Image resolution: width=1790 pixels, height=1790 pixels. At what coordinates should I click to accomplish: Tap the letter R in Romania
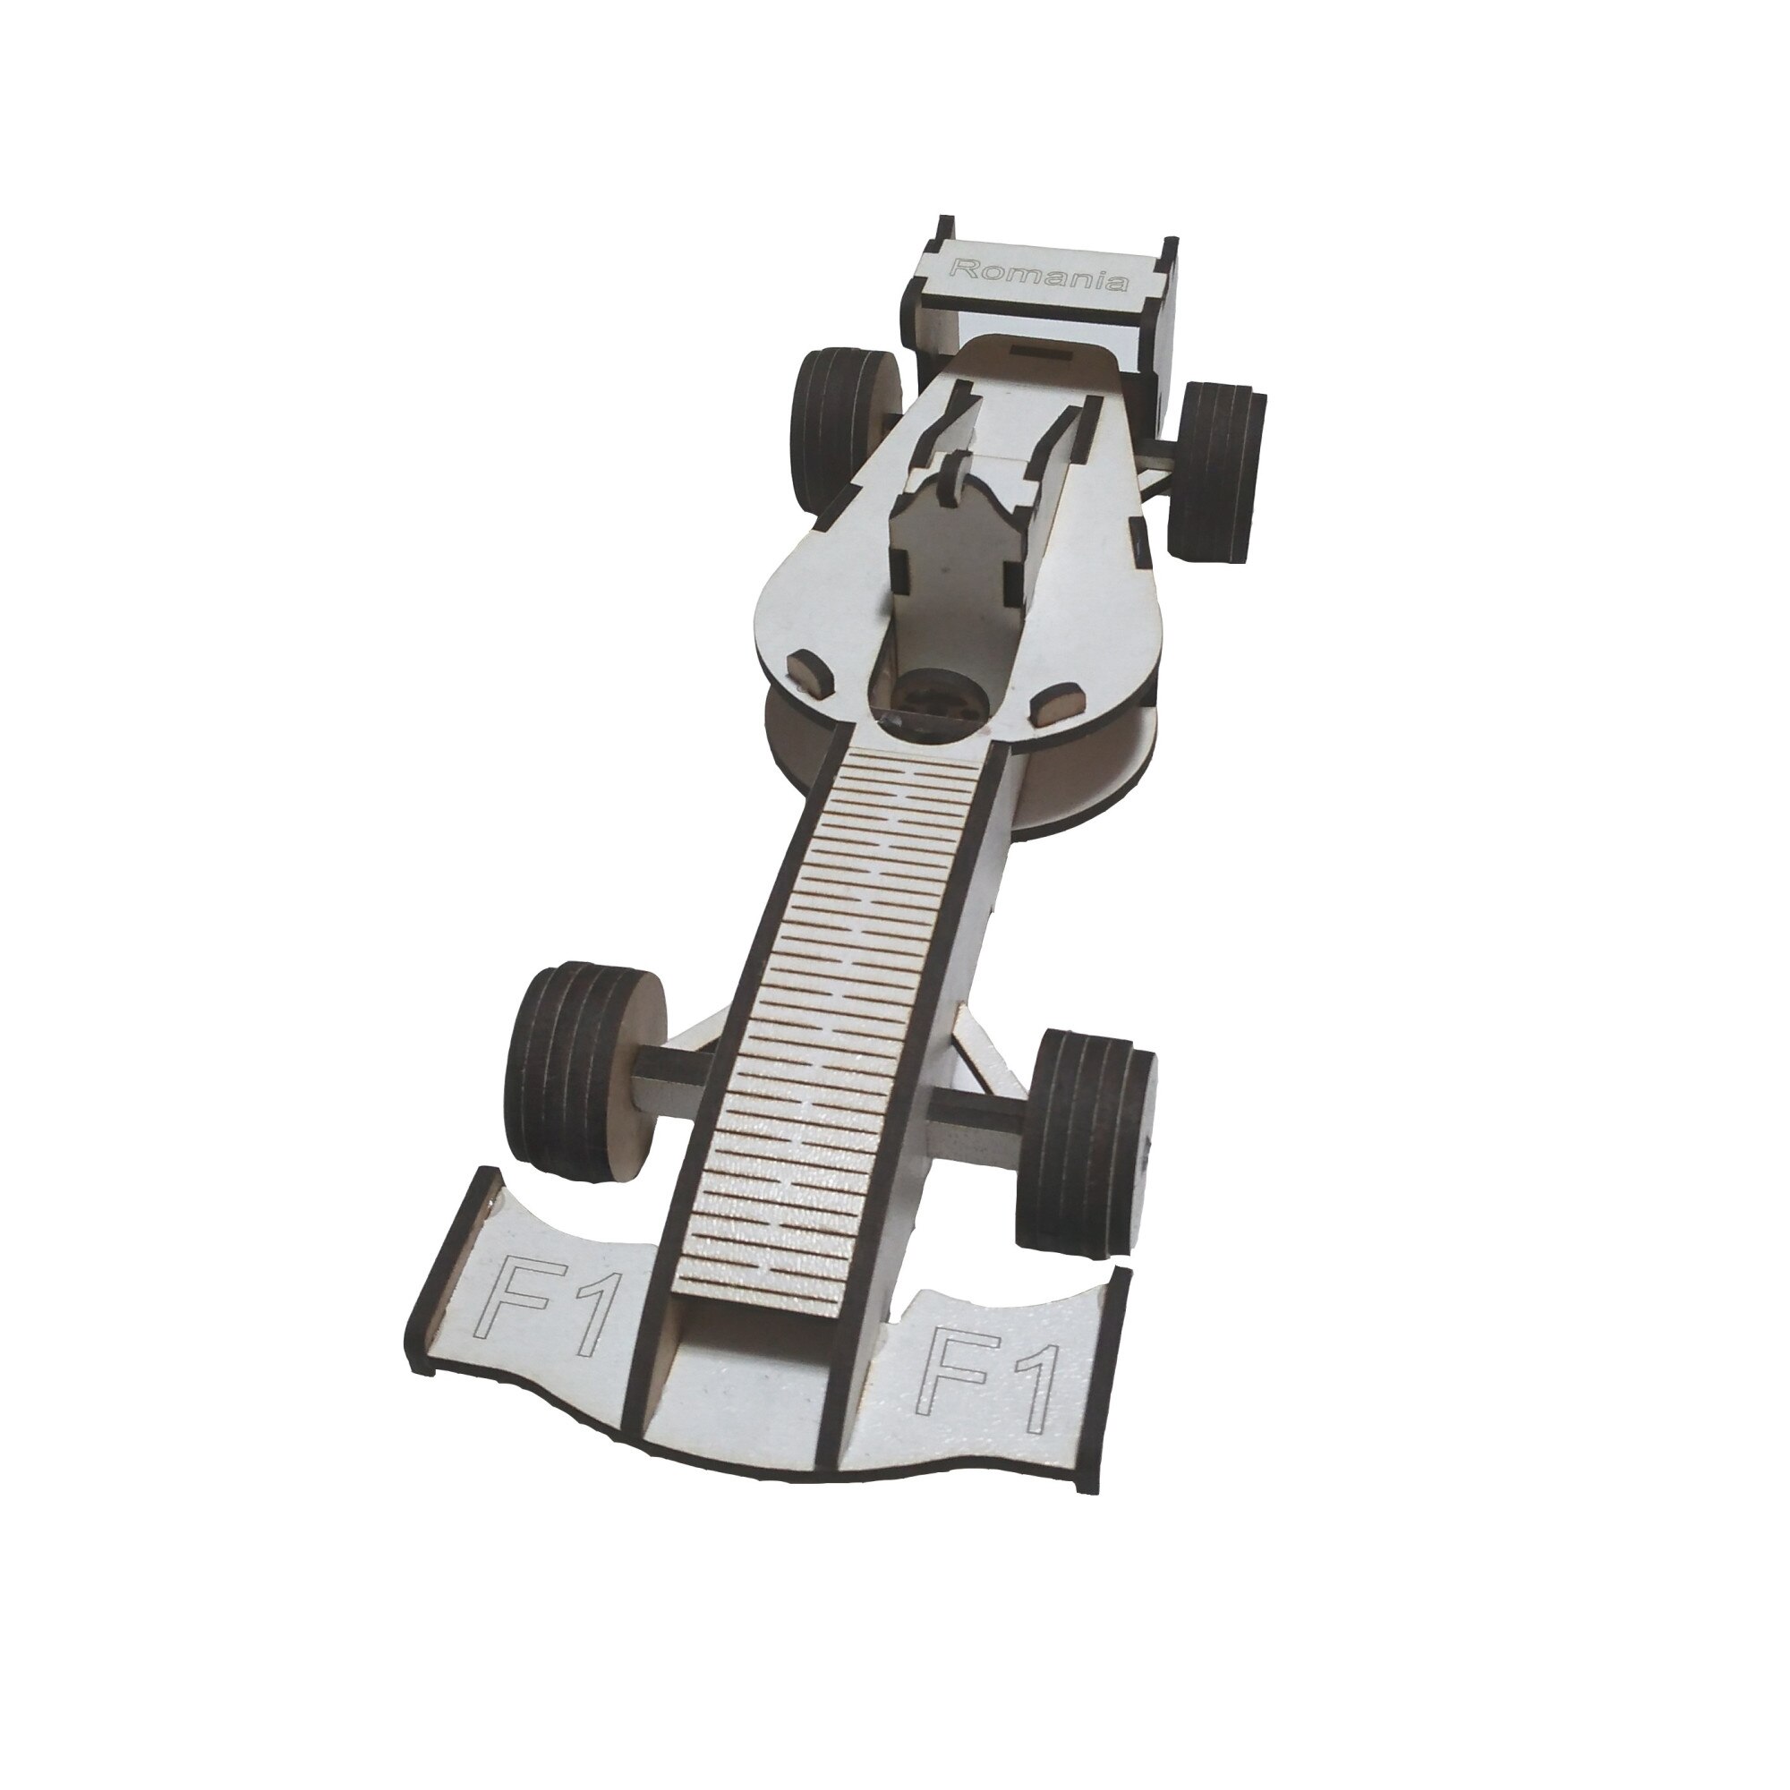(x=963, y=268)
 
